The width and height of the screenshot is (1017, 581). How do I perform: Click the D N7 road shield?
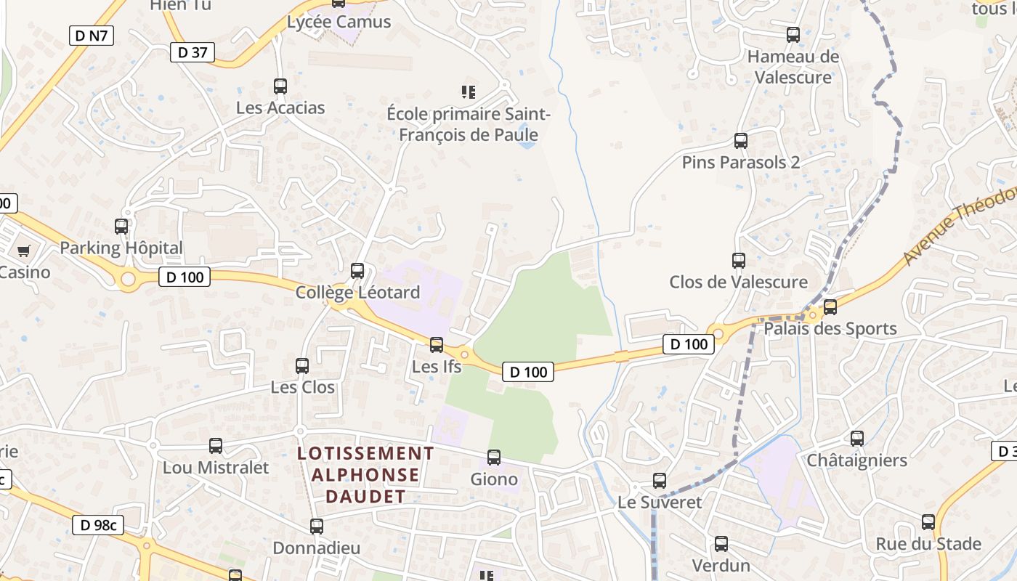point(92,35)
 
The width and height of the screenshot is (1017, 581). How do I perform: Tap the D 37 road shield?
point(193,52)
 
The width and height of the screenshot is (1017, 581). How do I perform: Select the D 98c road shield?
point(99,525)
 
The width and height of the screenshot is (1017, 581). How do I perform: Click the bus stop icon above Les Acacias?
point(280,86)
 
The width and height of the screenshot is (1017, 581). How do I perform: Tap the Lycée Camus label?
point(339,22)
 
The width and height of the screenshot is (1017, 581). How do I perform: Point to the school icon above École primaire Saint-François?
point(469,92)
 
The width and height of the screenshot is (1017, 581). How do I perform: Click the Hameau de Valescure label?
point(793,67)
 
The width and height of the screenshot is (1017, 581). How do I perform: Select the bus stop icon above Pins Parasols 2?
point(741,141)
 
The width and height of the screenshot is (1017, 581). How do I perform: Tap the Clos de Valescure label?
point(738,282)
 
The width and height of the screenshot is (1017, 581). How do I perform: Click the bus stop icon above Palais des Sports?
point(830,307)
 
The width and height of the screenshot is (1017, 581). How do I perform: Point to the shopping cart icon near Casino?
point(24,251)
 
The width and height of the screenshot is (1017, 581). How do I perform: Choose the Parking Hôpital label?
point(121,248)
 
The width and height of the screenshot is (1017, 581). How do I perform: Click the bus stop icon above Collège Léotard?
point(357,271)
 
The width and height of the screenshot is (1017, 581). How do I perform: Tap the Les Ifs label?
point(437,367)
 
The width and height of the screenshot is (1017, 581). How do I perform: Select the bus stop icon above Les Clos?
point(302,366)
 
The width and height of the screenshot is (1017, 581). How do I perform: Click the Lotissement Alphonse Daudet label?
point(366,475)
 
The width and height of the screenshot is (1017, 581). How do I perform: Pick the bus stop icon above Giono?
point(494,458)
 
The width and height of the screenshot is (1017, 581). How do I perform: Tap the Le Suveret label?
point(660,502)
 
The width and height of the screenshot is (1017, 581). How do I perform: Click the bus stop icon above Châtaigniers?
point(857,439)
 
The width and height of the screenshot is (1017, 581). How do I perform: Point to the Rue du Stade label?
point(928,544)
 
